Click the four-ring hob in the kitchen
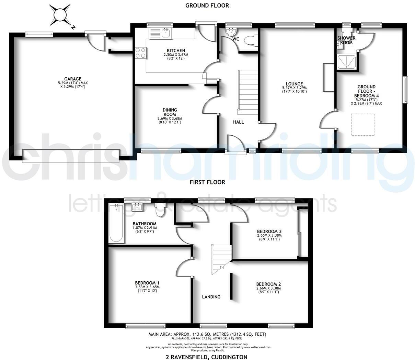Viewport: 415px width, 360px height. coord(140,53)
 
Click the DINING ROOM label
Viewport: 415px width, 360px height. coord(170,112)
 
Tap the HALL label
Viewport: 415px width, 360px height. coord(238,122)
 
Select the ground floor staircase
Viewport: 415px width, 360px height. coord(247,92)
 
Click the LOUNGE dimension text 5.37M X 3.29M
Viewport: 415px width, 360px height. coord(294,88)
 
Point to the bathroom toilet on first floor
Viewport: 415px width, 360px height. coord(160,210)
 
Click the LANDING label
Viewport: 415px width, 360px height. coord(211,297)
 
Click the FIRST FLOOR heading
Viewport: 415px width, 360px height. coord(207,182)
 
